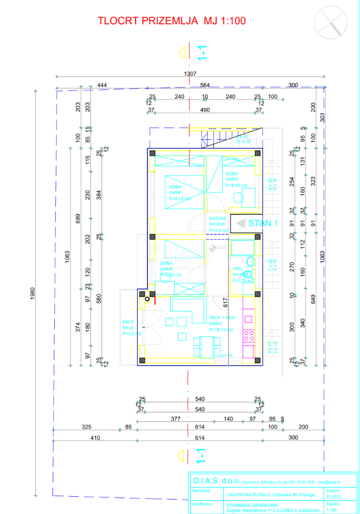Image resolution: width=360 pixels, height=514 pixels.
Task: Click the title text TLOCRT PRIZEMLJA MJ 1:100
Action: coord(172,21)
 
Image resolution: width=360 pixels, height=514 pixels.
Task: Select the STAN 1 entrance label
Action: coord(263,223)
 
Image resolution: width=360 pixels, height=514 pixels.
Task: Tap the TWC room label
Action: coord(238,269)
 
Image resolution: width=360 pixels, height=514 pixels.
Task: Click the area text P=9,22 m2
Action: coord(180,199)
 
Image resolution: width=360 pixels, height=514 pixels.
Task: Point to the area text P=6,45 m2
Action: coord(236,186)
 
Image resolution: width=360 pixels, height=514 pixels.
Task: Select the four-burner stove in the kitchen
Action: coord(249,335)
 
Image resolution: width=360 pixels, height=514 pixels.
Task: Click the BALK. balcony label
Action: coord(128,322)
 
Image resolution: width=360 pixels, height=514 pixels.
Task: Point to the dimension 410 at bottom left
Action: coord(95,437)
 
